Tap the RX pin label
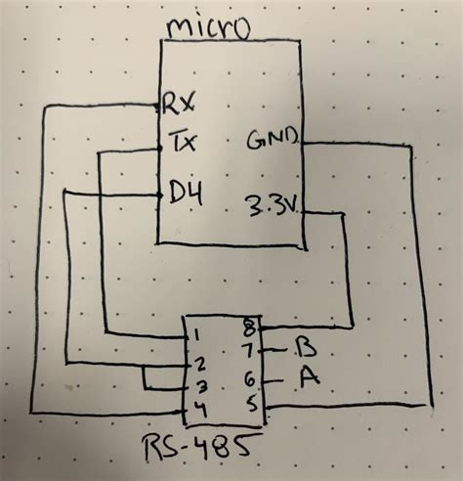coord(182,101)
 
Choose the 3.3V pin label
coord(273,206)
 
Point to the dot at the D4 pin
coord(158,195)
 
